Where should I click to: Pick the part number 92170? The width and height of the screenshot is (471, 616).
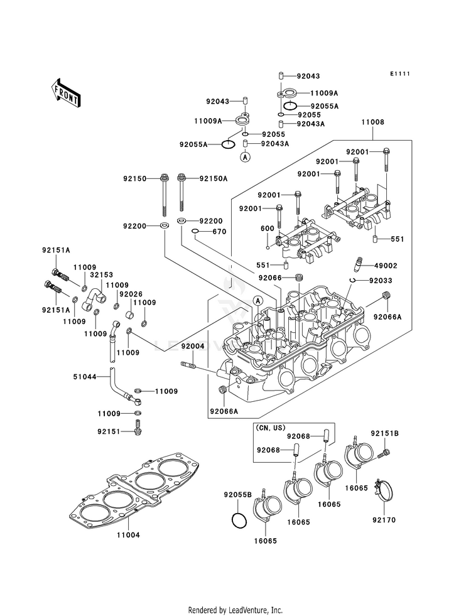tap(384, 521)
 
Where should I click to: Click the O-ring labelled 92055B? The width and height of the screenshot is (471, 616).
tap(237, 521)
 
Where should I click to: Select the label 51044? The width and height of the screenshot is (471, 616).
tap(85, 377)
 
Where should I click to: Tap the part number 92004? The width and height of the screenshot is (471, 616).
tap(193, 346)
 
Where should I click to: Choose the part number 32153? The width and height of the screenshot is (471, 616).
tap(101, 275)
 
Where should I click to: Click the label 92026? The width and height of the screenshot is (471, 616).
tap(131, 294)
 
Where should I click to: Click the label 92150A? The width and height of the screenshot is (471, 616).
tap(214, 179)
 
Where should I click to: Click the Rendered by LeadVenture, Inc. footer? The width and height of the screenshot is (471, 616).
tap(235, 610)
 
